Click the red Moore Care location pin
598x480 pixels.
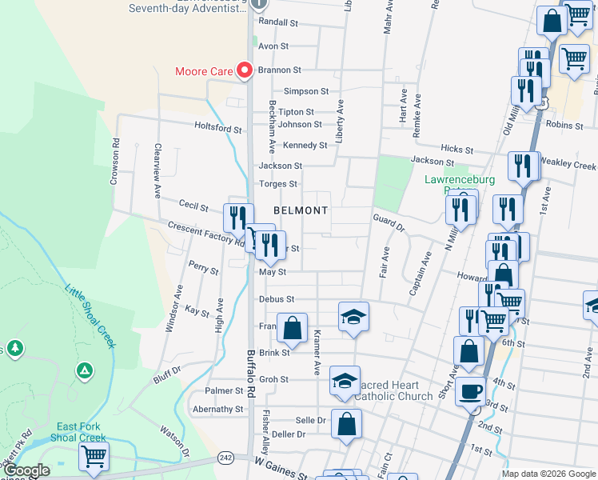(x=245, y=70)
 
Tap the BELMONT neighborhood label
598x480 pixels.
(x=301, y=210)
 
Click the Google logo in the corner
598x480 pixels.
(x=26, y=470)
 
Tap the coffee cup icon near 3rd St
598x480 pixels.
(x=470, y=392)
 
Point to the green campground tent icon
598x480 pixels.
(x=82, y=370)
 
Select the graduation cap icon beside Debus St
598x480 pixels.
(x=353, y=316)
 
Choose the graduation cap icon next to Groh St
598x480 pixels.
(x=345, y=380)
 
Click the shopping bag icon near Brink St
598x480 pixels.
(x=293, y=327)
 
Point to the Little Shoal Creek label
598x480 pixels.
(x=90, y=316)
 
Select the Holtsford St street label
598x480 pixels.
(x=218, y=127)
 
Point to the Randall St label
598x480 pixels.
(x=273, y=22)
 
